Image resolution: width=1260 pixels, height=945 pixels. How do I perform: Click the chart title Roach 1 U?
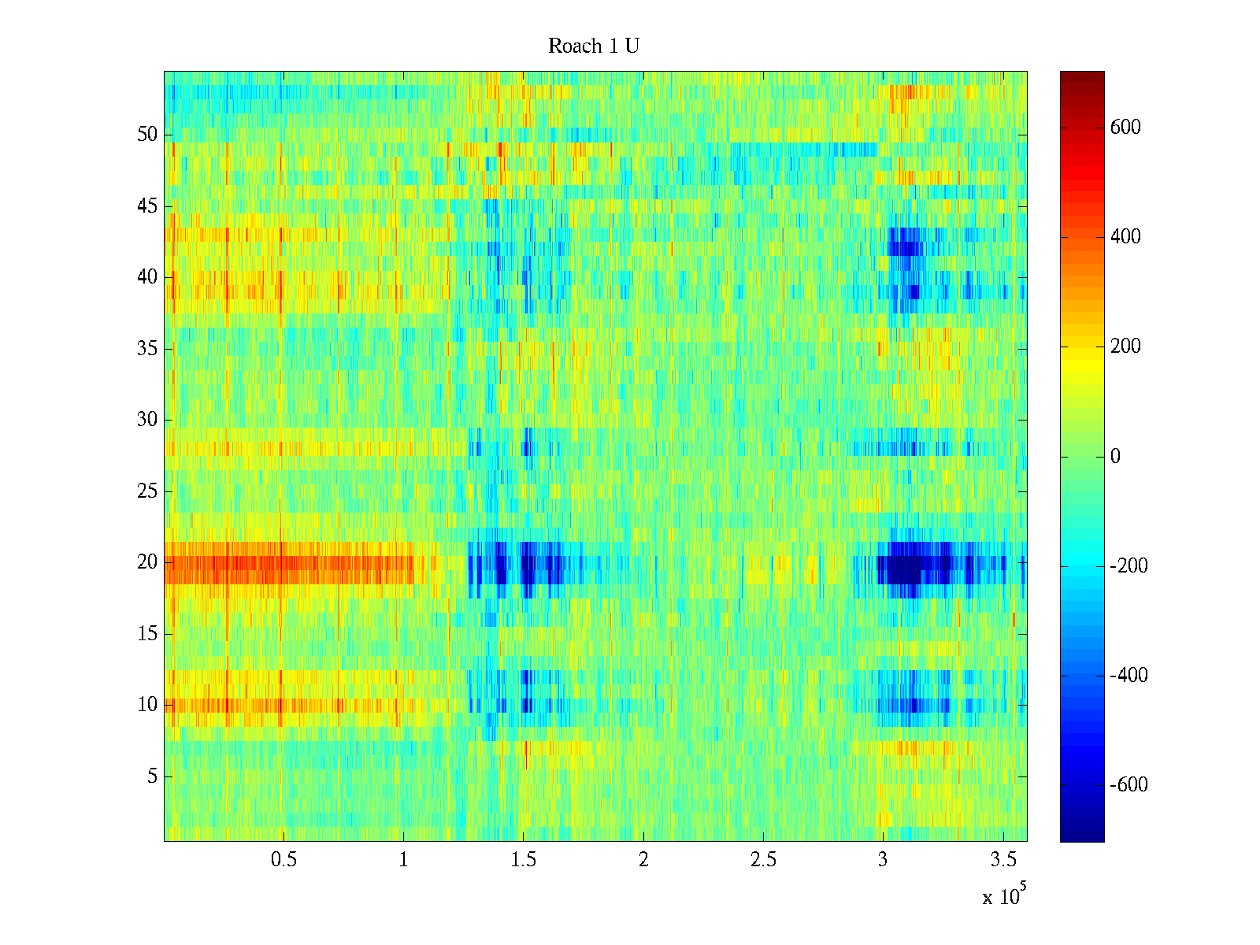coord(593,46)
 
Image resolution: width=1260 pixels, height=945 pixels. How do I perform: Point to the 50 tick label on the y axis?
coord(147,135)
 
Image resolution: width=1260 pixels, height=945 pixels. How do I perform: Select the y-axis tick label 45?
coord(147,206)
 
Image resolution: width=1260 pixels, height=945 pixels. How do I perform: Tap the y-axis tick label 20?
coord(147,562)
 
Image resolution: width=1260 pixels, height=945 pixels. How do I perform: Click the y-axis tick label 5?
coord(152,776)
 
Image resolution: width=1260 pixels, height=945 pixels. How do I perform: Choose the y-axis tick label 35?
coord(147,349)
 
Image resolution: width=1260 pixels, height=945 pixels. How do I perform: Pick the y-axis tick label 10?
coord(147,705)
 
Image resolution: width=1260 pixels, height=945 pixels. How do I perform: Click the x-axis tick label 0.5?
coord(284,860)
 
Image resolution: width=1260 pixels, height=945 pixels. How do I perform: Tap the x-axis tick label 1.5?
coord(524,860)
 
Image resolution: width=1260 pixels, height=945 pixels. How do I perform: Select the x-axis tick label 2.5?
coord(763,860)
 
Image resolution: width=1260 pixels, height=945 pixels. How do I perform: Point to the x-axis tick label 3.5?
coord(1002,860)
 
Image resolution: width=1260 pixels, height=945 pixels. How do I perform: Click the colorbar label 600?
coord(1125,128)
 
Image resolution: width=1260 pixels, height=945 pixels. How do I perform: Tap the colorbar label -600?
coord(1128,785)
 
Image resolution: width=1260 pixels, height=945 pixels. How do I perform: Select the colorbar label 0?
coord(1115,457)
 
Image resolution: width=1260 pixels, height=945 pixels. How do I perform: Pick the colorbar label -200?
coord(1128,566)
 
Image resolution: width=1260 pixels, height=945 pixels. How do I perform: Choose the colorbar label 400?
coord(1125,237)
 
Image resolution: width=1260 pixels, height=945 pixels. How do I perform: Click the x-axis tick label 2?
coord(643,860)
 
